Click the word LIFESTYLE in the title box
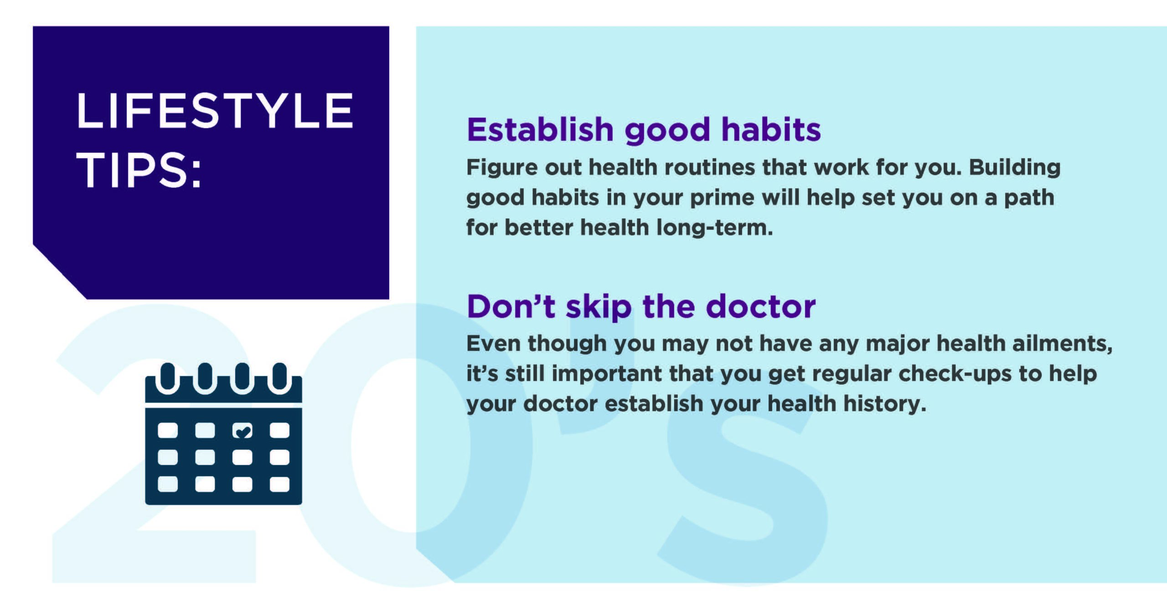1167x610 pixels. point(215,110)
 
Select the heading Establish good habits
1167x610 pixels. point(644,130)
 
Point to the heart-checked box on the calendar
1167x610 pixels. point(242,430)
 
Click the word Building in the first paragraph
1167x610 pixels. point(1015,167)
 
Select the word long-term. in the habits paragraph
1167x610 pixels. point(714,227)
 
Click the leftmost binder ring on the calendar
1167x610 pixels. point(168,377)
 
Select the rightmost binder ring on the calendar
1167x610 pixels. point(279,377)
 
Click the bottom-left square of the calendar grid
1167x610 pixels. point(168,484)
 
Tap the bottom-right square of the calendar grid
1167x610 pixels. point(279,484)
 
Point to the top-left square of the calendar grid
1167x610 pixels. point(168,430)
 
